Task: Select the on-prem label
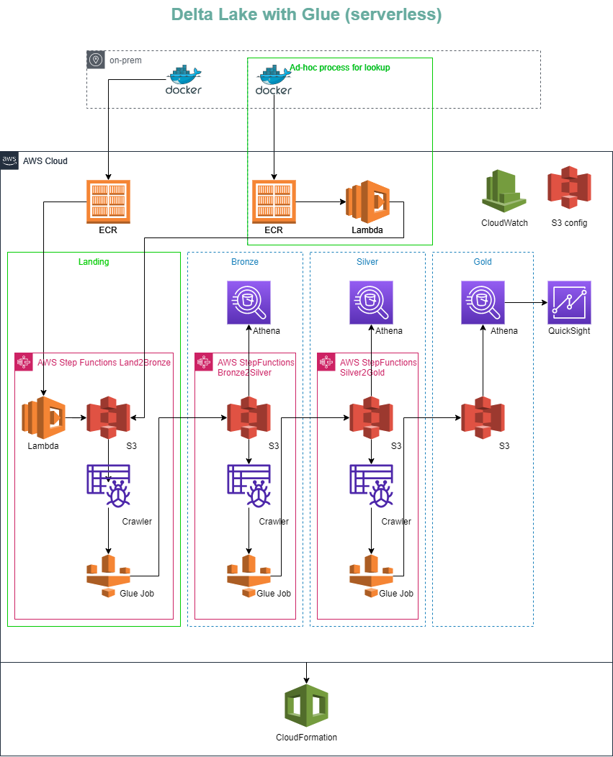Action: click(125, 61)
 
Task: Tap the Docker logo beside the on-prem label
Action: click(184, 80)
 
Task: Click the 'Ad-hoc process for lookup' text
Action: click(340, 68)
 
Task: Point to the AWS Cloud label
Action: click(45, 161)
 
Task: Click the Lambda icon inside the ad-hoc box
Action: click(367, 201)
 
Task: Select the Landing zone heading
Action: click(94, 262)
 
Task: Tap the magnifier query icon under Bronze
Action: click(249, 302)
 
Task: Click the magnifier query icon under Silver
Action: click(371, 302)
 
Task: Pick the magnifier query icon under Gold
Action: click(483, 302)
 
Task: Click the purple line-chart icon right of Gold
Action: click(569, 302)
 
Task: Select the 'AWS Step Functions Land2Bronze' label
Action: click(104, 363)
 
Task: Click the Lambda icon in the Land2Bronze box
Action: click(43, 417)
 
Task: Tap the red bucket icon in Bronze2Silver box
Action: click(249, 417)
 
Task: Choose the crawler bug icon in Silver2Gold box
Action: click(371, 486)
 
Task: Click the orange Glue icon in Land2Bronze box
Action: click(108, 576)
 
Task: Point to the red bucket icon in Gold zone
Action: click(483, 417)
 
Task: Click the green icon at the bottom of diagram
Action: click(306, 705)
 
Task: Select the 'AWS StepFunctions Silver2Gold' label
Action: click(377, 368)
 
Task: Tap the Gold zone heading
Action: click(483, 262)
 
